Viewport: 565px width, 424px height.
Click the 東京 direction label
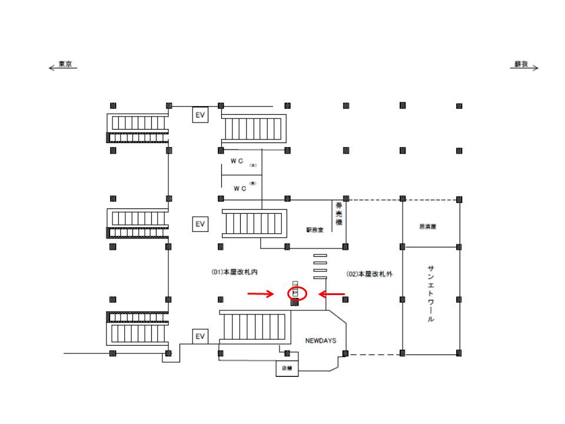[x=65, y=65]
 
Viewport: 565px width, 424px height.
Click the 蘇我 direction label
[x=521, y=65]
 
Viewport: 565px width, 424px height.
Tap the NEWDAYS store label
[x=320, y=340]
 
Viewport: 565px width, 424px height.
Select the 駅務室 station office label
[x=315, y=230]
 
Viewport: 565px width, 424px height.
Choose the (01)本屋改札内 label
[x=235, y=272]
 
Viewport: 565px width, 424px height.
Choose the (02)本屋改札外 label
[x=370, y=274]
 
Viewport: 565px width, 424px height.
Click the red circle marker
[x=295, y=293]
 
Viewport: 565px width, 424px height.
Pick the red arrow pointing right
[x=260, y=293]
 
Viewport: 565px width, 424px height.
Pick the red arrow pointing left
[x=332, y=293]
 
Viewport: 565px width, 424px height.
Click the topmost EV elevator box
[x=200, y=115]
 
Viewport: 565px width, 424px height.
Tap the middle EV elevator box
[x=200, y=224]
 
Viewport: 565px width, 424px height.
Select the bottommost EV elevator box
[x=200, y=336]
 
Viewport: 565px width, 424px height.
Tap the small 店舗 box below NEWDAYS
[x=288, y=369]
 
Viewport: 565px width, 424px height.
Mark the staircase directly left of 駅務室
[x=254, y=223]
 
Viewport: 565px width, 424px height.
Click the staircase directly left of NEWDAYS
[x=254, y=327]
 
